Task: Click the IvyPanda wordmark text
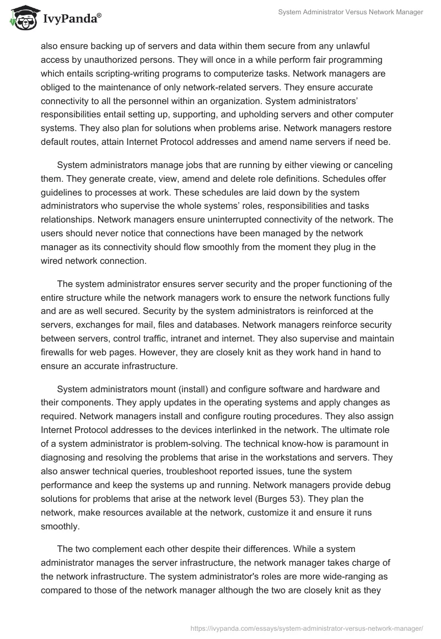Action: tap(70, 19)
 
